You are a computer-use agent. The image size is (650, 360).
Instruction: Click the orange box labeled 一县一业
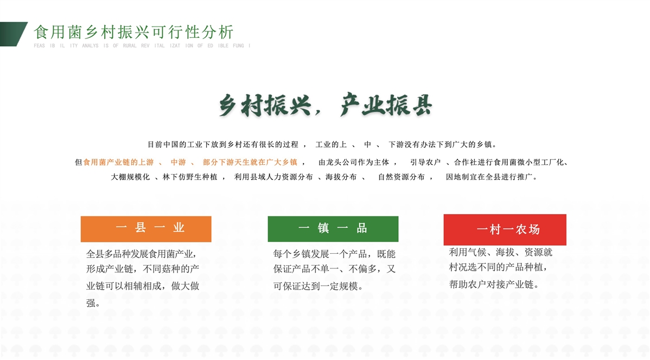[146, 229]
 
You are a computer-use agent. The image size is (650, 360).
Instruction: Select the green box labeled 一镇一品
[333, 229]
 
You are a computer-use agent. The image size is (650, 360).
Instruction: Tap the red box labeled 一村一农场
[505, 229]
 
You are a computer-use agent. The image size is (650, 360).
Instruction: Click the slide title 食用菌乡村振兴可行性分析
[134, 32]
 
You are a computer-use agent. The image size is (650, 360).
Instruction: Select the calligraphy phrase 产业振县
[386, 105]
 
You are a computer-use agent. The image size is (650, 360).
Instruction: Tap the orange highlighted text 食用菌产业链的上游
[119, 162]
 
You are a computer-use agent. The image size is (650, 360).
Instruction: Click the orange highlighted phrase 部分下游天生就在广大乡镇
[250, 162]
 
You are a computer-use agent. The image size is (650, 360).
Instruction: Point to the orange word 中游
[179, 162]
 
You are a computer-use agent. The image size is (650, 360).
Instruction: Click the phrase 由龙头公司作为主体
[354, 162]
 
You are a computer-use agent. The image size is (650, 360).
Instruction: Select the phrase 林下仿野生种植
[190, 177]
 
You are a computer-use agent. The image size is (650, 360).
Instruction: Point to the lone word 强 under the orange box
[91, 303]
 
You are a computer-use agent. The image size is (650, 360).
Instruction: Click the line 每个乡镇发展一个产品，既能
[334, 254]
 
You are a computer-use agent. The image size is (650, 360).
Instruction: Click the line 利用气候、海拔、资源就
[501, 252]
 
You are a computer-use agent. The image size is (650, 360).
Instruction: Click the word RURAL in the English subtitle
[130, 46]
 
